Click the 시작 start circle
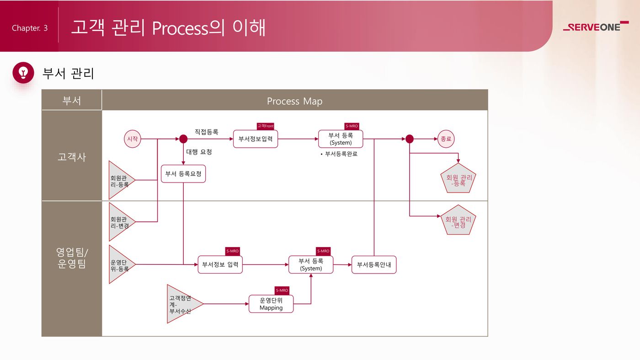click(x=133, y=139)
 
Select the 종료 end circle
click(x=446, y=139)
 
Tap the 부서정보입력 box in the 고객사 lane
click(x=256, y=139)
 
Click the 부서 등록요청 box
click(x=183, y=174)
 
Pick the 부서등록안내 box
click(x=374, y=264)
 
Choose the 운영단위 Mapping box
click(x=271, y=304)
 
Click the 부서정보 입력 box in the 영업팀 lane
click(x=220, y=264)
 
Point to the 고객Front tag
click(x=266, y=126)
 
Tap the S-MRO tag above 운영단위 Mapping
click(x=282, y=290)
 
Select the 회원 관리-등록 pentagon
click(x=459, y=179)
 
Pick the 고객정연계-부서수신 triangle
click(x=181, y=304)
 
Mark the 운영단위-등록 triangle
click(x=120, y=265)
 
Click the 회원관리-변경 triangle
click(x=120, y=222)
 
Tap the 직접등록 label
click(x=207, y=132)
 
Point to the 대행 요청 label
click(x=199, y=151)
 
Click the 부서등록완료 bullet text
click(x=339, y=154)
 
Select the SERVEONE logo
click(x=595, y=27)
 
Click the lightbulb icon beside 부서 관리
click(x=23, y=73)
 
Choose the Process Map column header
click(x=294, y=101)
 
